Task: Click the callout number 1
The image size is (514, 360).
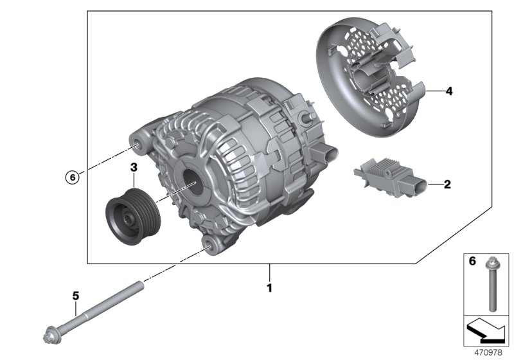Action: [x=269, y=288]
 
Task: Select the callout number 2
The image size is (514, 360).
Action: [x=447, y=185]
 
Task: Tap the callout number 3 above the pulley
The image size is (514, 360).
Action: [x=134, y=168]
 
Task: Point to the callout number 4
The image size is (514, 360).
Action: [x=448, y=91]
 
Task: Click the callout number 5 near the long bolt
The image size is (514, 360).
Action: [x=75, y=296]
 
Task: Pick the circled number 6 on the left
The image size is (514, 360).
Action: [x=73, y=175]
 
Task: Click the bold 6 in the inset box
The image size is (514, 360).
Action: [x=470, y=262]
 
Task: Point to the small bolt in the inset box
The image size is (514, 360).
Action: [x=492, y=283]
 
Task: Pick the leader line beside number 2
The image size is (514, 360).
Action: [x=432, y=185]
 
